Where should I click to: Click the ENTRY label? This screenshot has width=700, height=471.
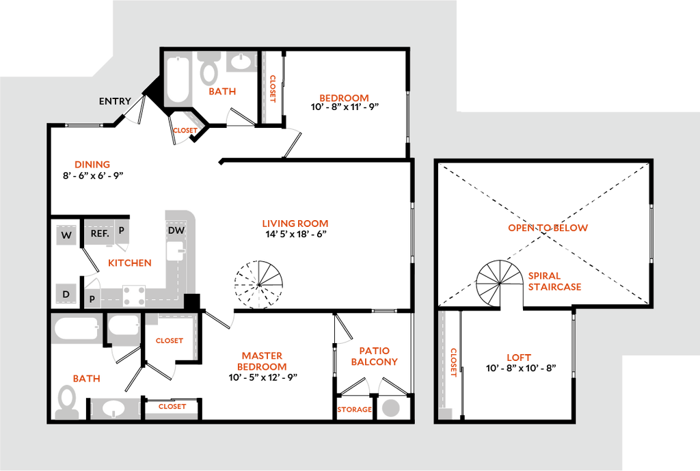tap(115, 101)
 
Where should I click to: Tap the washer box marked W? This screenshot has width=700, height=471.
tap(66, 235)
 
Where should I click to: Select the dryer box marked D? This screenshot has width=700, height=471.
tap(66, 294)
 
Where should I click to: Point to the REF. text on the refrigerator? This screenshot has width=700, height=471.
tap(100, 233)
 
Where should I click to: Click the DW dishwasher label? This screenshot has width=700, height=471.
tap(176, 230)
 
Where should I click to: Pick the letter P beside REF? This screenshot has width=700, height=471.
tap(121, 230)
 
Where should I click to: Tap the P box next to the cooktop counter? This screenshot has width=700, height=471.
tap(92, 299)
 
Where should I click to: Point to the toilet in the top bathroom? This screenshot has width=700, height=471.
tap(209, 71)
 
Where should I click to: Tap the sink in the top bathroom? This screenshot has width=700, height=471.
tap(241, 62)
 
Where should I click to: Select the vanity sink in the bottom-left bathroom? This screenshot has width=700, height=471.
tap(113, 409)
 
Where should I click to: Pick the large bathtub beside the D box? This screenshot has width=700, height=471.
tap(77, 329)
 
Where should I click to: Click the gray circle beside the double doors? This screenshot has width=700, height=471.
tap(391, 407)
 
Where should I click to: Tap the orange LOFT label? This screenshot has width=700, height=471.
tap(518, 358)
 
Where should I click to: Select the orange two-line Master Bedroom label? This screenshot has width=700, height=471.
tap(262, 361)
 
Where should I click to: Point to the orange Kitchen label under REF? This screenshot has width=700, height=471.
tap(130, 263)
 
